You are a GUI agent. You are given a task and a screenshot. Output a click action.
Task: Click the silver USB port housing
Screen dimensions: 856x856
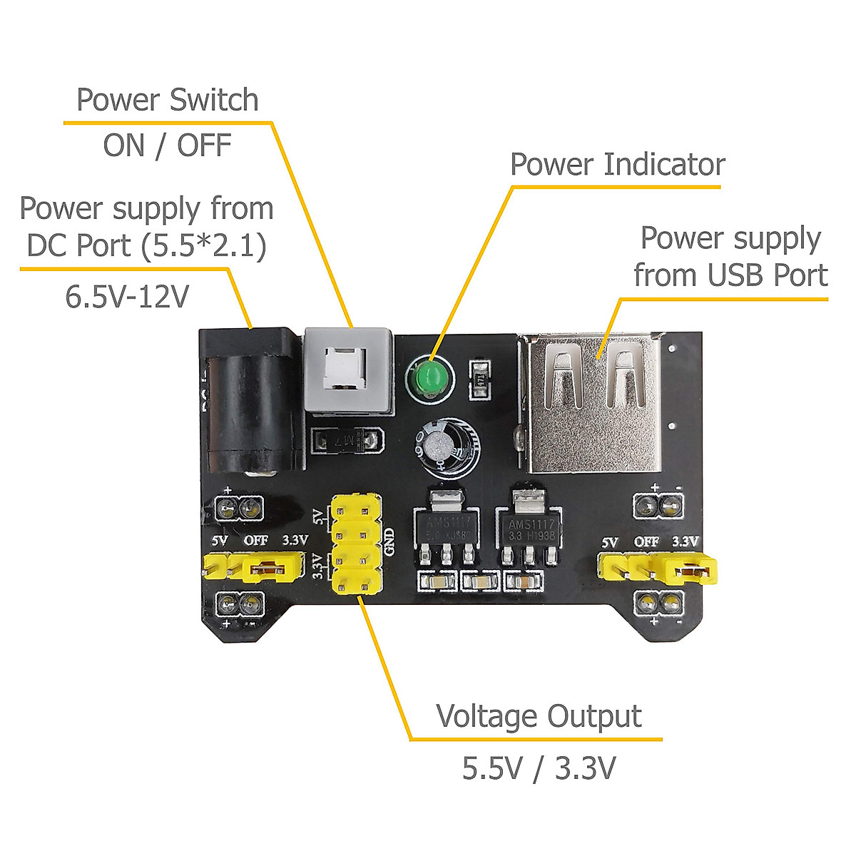592,407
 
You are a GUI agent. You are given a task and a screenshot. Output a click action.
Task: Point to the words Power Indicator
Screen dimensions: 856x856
618,165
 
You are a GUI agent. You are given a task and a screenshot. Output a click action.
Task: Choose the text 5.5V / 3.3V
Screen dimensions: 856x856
539,768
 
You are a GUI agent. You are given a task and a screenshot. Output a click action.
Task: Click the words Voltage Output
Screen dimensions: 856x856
539,716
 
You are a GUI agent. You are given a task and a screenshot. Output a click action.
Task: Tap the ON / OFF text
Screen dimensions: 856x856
167,146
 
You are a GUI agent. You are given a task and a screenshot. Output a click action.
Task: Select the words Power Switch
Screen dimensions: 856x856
167,100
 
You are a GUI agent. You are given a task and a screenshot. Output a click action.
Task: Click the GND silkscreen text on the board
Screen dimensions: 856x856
389,542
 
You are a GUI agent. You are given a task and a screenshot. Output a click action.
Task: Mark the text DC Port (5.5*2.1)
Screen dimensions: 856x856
146,245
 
